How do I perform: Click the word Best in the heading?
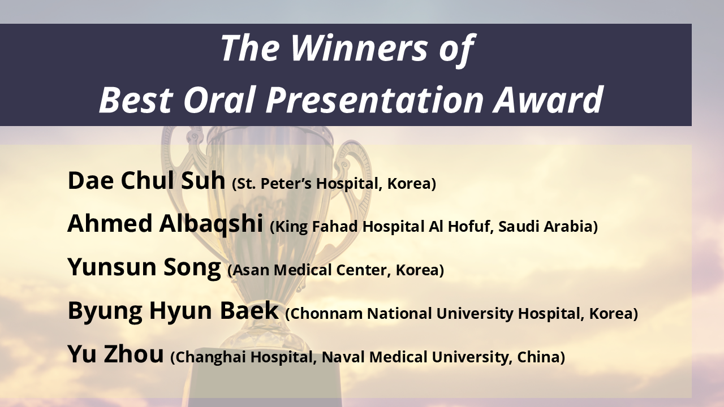pyautogui.click(x=135, y=99)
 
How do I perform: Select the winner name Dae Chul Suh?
pyautogui.click(x=146, y=180)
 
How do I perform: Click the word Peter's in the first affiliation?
pyautogui.click(x=286, y=184)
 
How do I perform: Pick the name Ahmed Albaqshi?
pyautogui.click(x=165, y=223)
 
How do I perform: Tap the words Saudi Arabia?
pyautogui.click(x=546, y=227)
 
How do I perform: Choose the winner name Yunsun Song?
pyautogui.click(x=144, y=267)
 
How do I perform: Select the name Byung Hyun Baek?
pyautogui.click(x=173, y=310)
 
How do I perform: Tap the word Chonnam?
pyautogui.click(x=326, y=314)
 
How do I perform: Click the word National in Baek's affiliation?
pyautogui.click(x=399, y=314)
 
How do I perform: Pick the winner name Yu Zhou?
pyautogui.click(x=115, y=354)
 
